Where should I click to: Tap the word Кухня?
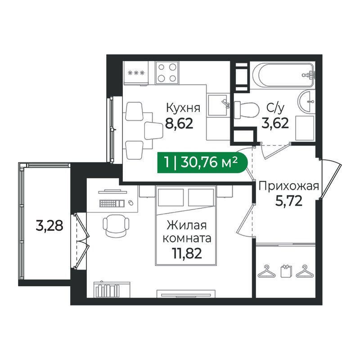183,108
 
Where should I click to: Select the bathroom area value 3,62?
275,123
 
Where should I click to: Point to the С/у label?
274,108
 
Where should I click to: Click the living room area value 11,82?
187,254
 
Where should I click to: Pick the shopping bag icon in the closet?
286,272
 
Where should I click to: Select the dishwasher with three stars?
135,73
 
